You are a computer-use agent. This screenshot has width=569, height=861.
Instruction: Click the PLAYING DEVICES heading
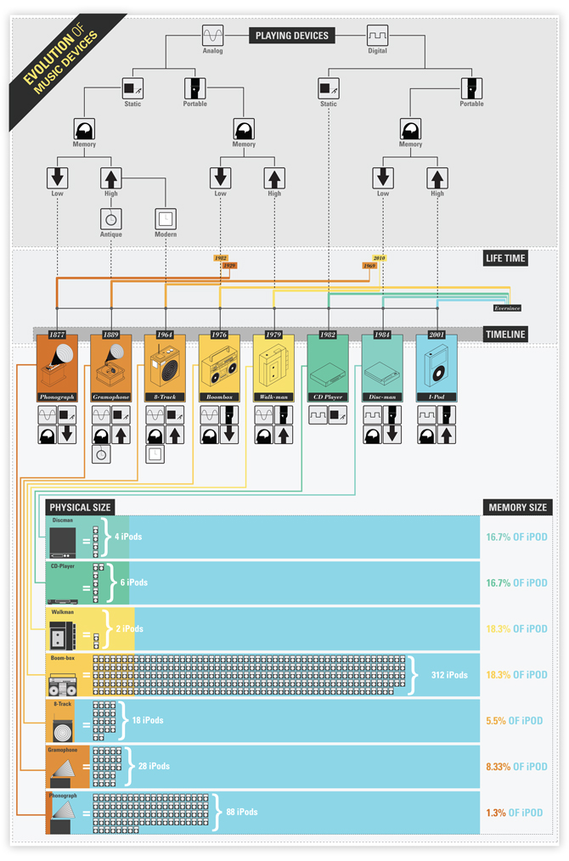pyautogui.click(x=291, y=36)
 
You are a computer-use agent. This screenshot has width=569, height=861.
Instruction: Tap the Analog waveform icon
pyautogui.click(x=213, y=36)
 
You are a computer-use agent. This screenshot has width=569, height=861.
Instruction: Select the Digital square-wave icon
pyautogui.click(x=377, y=36)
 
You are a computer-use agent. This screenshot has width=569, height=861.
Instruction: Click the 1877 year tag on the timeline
pyautogui.click(x=57, y=335)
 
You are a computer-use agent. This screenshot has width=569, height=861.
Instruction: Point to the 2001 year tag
pyautogui.click(x=437, y=335)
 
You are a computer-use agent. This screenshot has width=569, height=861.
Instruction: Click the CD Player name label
pyautogui.click(x=328, y=397)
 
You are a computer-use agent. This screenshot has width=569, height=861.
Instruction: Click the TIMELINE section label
pyautogui.click(x=505, y=335)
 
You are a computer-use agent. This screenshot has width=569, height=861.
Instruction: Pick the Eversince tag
pyautogui.click(x=507, y=308)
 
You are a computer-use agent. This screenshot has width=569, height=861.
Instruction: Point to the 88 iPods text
pyautogui.click(x=242, y=813)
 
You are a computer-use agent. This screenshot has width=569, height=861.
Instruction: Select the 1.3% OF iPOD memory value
pyautogui.click(x=516, y=813)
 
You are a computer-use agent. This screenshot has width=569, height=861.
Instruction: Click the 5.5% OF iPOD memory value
pyautogui.click(x=516, y=721)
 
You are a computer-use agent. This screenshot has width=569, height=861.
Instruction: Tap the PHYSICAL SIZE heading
pyautogui.click(x=81, y=507)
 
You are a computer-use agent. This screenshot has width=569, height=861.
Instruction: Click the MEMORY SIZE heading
pyautogui.click(x=516, y=507)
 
